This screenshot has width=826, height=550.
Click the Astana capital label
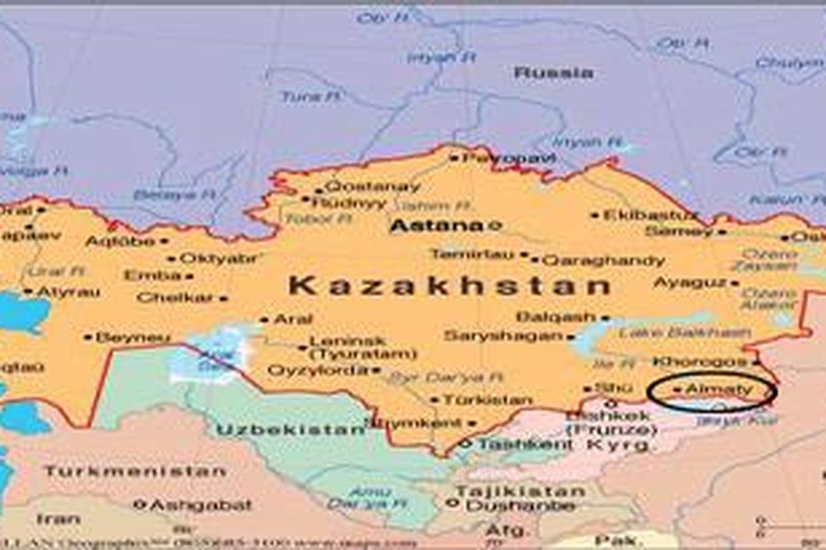[436, 225]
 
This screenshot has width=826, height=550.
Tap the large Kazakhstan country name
[449, 285]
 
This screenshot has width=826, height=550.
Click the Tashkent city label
[525, 445]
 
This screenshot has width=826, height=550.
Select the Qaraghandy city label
[604, 261]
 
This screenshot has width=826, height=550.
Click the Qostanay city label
[372, 186]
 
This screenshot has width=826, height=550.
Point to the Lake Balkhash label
[684, 333]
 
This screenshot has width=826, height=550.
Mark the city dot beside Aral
[264, 320]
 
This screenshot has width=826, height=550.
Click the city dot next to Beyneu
[88, 338]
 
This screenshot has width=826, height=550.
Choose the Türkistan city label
[487, 399]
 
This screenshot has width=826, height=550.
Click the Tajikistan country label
[520, 491]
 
